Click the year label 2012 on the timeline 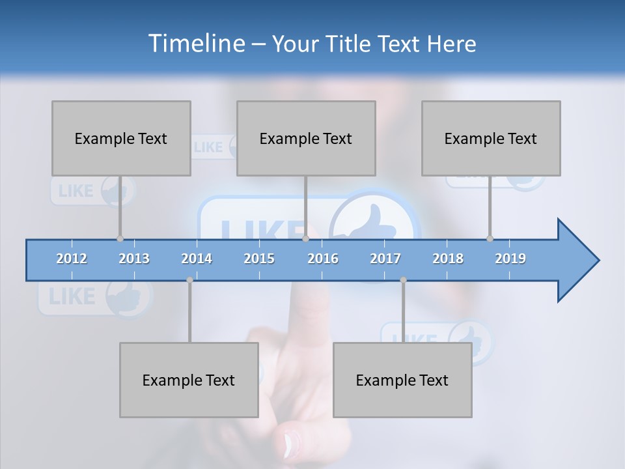pyautogui.click(x=72, y=259)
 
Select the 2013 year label pyautogui.click(x=134, y=259)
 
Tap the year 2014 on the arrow pyautogui.click(x=197, y=259)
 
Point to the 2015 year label pyautogui.click(x=259, y=259)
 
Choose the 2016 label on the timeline pyautogui.click(x=323, y=259)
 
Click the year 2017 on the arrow pyautogui.click(x=385, y=259)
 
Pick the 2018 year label pyautogui.click(x=448, y=259)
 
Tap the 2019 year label pyautogui.click(x=510, y=259)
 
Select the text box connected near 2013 pyautogui.click(x=121, y=138)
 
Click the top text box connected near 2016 pyautogui.click(x=306, y=138)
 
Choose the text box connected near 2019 pyautogui.click(x=491, y=138)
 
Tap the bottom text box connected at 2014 pyautogui.click(x=189, y=380)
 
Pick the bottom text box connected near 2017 pyautogui.click(x=402, y=380)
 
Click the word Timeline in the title pyautogui.click(x=195, y=44)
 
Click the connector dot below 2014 pyautogui.click(x=189, y=280)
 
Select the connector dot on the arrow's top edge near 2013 pyautogui.click(x=120, y=238)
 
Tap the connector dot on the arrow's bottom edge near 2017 pyautogui.click(x=403, y=280)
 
